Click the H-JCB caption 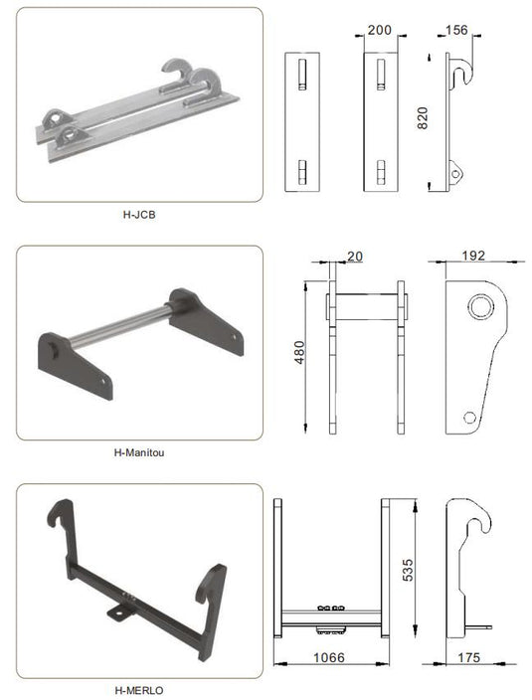pos(139,213)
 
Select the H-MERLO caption pos(139,688)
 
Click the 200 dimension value pos(379,31)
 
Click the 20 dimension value pos(356,256)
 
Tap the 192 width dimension pos(473,256)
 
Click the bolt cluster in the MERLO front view pos(331,608)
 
